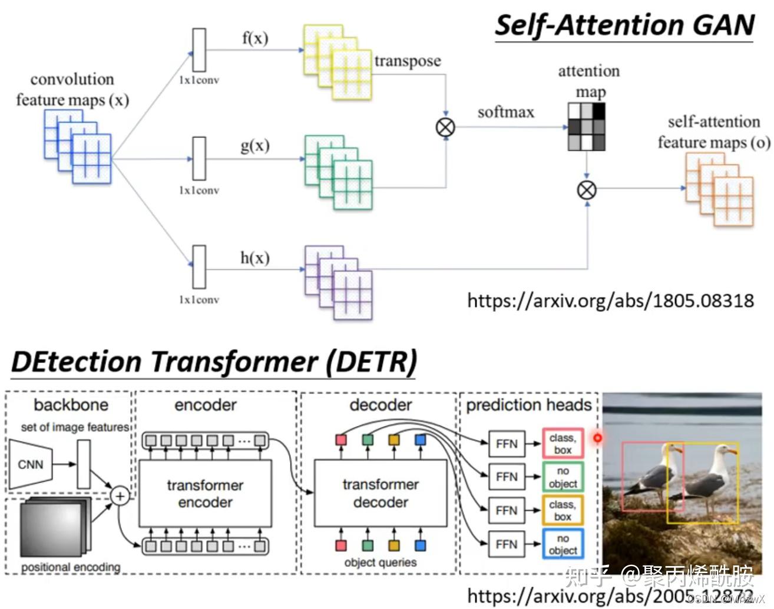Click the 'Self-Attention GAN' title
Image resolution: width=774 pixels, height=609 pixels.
[x=624, y=25]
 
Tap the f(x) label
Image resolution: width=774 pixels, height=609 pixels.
[x=254, y=38]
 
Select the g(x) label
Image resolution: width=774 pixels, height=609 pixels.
[x=254, y=145]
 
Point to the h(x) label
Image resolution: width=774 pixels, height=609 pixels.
[x=254, y=258]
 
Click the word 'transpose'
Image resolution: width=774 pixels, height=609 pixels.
[x=407, y=61]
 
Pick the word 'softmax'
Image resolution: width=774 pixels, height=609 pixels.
[x=505, y=112]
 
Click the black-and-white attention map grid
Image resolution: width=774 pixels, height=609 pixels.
[x=586, y=127]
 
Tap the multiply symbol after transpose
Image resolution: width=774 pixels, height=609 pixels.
[x=445, y=127]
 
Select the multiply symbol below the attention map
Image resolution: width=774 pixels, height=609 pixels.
[x=586, y=189]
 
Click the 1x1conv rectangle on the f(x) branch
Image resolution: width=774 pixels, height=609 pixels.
[x=199, y=50]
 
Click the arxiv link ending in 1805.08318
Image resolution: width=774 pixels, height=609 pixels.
[x=610, y=301]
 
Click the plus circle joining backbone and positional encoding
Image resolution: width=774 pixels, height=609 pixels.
[x=120, y=496]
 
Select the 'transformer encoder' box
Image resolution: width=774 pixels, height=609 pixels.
[x=205, y=493]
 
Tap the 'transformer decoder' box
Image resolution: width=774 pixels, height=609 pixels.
[x=381, y=493]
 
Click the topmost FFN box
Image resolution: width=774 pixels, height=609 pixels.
[x=507, y=444]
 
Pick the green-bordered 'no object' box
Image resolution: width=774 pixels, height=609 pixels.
[x=563, y=477]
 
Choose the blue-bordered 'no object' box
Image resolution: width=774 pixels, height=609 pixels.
[x=563, y=544]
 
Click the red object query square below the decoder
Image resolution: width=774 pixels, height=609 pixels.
[x=340, y=545]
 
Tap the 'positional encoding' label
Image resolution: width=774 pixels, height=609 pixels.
[x=71, y=567]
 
